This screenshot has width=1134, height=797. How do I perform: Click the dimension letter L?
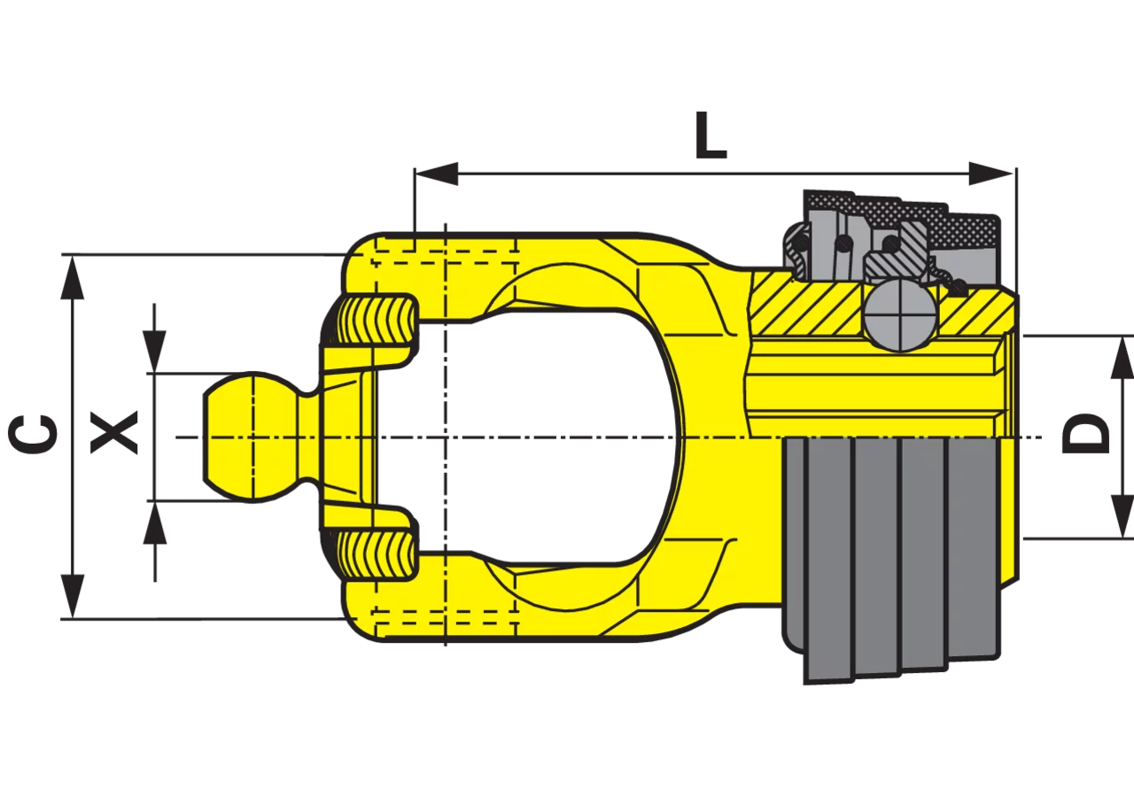point(711,135)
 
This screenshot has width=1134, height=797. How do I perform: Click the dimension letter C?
point(33,434)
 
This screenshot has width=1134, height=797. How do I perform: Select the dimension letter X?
point(114,432)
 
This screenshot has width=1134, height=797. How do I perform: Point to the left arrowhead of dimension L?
point(437,174)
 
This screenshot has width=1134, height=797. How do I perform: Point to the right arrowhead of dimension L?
point(990,174)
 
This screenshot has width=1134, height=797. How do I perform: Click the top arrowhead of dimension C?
point(73,278)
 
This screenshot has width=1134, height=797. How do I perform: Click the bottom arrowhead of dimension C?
point(73,596)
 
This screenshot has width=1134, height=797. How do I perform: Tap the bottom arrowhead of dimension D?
point(1122,516)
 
